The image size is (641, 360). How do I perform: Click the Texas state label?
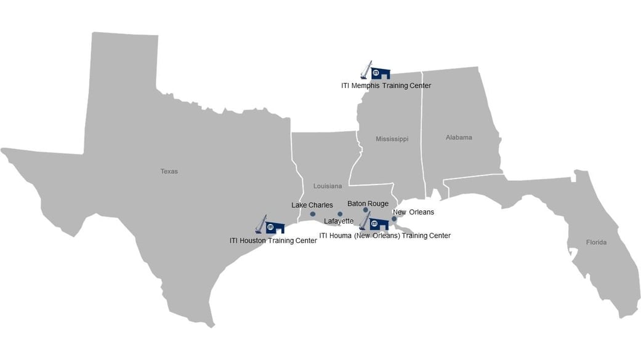169,172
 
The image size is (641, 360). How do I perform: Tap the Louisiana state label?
327,186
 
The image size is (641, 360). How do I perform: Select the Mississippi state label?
392,139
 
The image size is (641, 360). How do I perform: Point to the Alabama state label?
459,138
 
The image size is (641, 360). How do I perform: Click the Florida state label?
596,242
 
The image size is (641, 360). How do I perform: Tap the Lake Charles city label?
312,205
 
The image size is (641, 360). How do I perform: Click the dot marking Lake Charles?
313,214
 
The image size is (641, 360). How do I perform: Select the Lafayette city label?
339,221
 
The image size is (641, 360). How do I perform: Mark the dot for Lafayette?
340,214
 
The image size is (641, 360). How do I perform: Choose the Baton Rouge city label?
368,203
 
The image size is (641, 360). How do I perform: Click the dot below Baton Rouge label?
366,210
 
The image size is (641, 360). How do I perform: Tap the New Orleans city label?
413,212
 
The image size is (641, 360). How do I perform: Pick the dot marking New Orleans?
394,218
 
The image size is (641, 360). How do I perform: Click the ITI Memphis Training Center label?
386,86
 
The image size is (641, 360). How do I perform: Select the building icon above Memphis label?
381,73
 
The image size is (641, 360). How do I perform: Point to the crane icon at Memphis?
366,70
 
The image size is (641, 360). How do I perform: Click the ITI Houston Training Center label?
273,241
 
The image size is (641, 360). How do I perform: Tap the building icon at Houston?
275,227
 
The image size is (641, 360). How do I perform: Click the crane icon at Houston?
261,224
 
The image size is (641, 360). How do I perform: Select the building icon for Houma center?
379,224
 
